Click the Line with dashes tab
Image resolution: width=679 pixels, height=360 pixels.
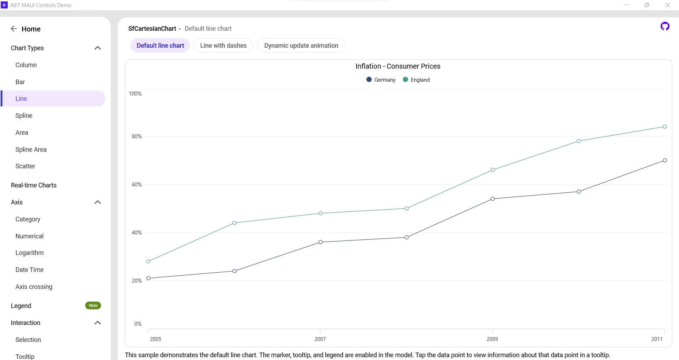[223, 46]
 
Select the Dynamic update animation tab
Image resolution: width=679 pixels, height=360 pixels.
[301, 46]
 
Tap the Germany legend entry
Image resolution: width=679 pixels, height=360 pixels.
[381, 80]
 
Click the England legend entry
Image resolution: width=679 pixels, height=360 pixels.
[416, 80]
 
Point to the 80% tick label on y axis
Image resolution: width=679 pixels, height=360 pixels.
[137, 137]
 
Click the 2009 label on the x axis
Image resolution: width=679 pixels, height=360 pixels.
[492, 339]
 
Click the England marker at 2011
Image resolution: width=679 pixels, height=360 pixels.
[665, 127]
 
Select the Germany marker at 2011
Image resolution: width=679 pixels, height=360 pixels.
[665, 160]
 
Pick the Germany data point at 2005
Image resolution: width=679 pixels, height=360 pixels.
[149, 278]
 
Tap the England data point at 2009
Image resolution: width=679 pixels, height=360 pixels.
[493, 170]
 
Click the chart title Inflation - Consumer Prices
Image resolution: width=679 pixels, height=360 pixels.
[398, 66]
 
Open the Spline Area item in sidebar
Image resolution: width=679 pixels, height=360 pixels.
[31, 150]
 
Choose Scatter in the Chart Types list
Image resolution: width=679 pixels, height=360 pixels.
[25, 166]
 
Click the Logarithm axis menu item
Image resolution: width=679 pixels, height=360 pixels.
[30, 253]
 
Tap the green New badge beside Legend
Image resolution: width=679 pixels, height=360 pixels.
[93, 306]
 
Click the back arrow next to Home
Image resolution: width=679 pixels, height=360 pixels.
[14, 29]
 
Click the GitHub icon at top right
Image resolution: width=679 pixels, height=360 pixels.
[665, 26]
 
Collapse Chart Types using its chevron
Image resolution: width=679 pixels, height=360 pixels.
[98, 48]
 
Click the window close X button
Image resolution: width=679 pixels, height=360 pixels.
[668, 5]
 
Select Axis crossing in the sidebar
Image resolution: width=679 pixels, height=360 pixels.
[34, 287]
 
